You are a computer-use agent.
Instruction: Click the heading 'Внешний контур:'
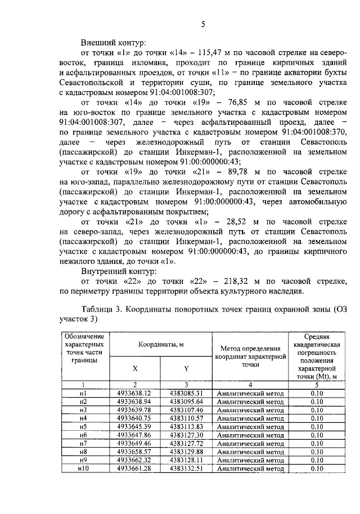113,42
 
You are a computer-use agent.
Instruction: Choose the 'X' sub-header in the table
135,368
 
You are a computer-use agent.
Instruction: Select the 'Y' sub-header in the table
186,368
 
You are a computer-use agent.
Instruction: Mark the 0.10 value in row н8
316,452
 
